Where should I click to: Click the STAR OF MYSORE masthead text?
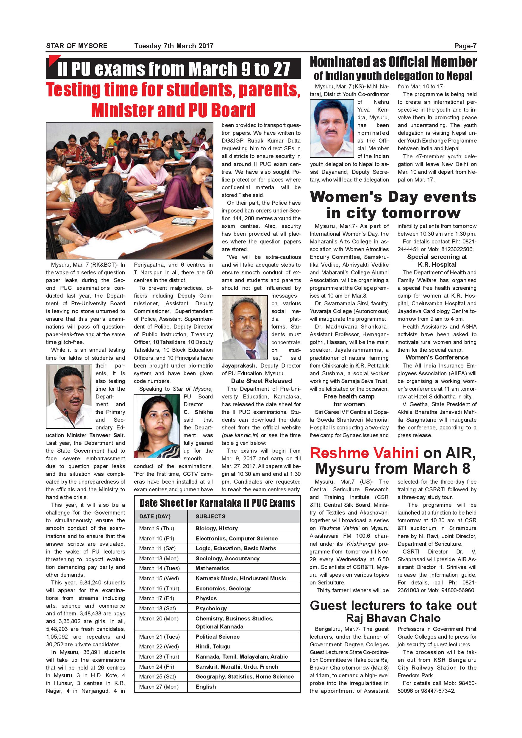(x=76, y=46)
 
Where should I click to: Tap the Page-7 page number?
(x=465, y=46)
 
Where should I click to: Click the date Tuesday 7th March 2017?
(x=174, y=46)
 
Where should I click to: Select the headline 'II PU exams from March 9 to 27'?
(x=174, y=69)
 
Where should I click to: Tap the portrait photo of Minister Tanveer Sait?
(x=69, y=396)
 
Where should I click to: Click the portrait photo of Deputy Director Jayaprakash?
(x=245, y=328)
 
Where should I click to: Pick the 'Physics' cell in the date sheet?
(x=206, y=598)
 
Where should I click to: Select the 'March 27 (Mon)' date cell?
(x=159, y=687)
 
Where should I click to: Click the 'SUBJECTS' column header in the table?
(x=210, y=516)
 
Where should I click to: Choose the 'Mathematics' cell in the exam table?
(x=212, y=568)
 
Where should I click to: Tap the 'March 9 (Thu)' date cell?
(x=157, y=528)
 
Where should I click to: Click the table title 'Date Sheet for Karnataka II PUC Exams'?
(x=217, y=503)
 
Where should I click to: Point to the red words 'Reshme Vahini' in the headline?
(x=364, y=453)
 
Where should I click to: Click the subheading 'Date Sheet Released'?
(x=261, y=381)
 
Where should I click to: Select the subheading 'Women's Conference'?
(x=437, y=357)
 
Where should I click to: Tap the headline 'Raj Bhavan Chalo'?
(x=393, y=618)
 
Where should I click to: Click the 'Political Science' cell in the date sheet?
(x=217, y=637)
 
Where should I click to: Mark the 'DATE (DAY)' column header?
(x=155, y=516)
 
